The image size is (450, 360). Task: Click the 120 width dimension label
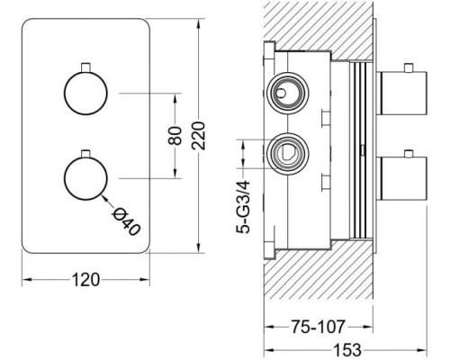point(85,280)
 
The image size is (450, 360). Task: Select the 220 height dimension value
point(199,136)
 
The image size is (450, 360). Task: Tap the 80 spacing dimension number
point(175,136)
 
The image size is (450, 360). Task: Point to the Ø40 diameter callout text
point(126,221)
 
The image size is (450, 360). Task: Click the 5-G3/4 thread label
point(243,207)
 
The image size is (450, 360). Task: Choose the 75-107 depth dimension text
point(319,327)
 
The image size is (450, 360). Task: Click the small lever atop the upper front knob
point(85,67)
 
